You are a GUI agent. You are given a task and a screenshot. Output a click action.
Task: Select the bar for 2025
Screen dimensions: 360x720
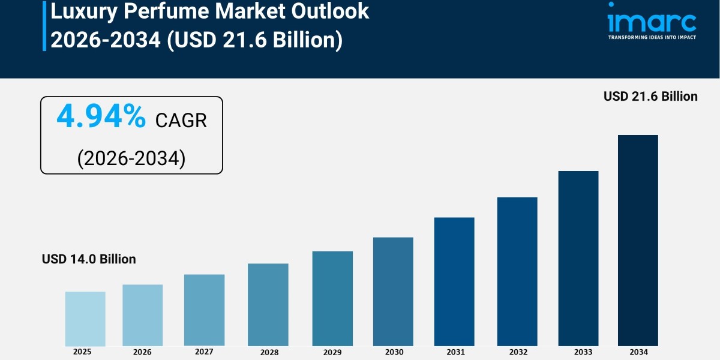(85, 319)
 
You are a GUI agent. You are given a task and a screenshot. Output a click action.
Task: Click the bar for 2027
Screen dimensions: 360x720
(204, 310)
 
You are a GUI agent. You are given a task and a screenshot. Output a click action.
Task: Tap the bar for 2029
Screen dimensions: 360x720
(332, 298)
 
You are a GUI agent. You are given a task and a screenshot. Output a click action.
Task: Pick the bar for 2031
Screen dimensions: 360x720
(454, 281)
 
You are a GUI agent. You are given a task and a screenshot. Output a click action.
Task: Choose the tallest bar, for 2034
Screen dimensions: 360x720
(638, 240)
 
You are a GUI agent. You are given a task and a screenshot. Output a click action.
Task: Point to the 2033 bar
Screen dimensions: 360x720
(578, 258)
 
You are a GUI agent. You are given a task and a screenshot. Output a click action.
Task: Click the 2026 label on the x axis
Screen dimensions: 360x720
(142, 352)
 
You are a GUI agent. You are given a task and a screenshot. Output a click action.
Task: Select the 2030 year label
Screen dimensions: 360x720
(393, 352)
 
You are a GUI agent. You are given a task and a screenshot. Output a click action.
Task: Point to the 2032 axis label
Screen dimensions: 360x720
(517, 352)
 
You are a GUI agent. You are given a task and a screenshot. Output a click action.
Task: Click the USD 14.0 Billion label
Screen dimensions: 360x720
(89, 259)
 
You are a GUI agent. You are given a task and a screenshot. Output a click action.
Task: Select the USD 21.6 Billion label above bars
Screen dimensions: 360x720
(650, 96)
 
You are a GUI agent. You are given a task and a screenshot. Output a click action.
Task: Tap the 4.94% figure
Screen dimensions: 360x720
(101, 118)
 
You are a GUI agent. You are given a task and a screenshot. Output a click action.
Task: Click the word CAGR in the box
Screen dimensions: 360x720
(181, 120)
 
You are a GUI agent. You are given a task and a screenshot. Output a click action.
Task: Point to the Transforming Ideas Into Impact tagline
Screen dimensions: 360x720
(652, 37)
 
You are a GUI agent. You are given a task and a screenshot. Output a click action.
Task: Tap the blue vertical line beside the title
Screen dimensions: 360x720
(44, 25)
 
